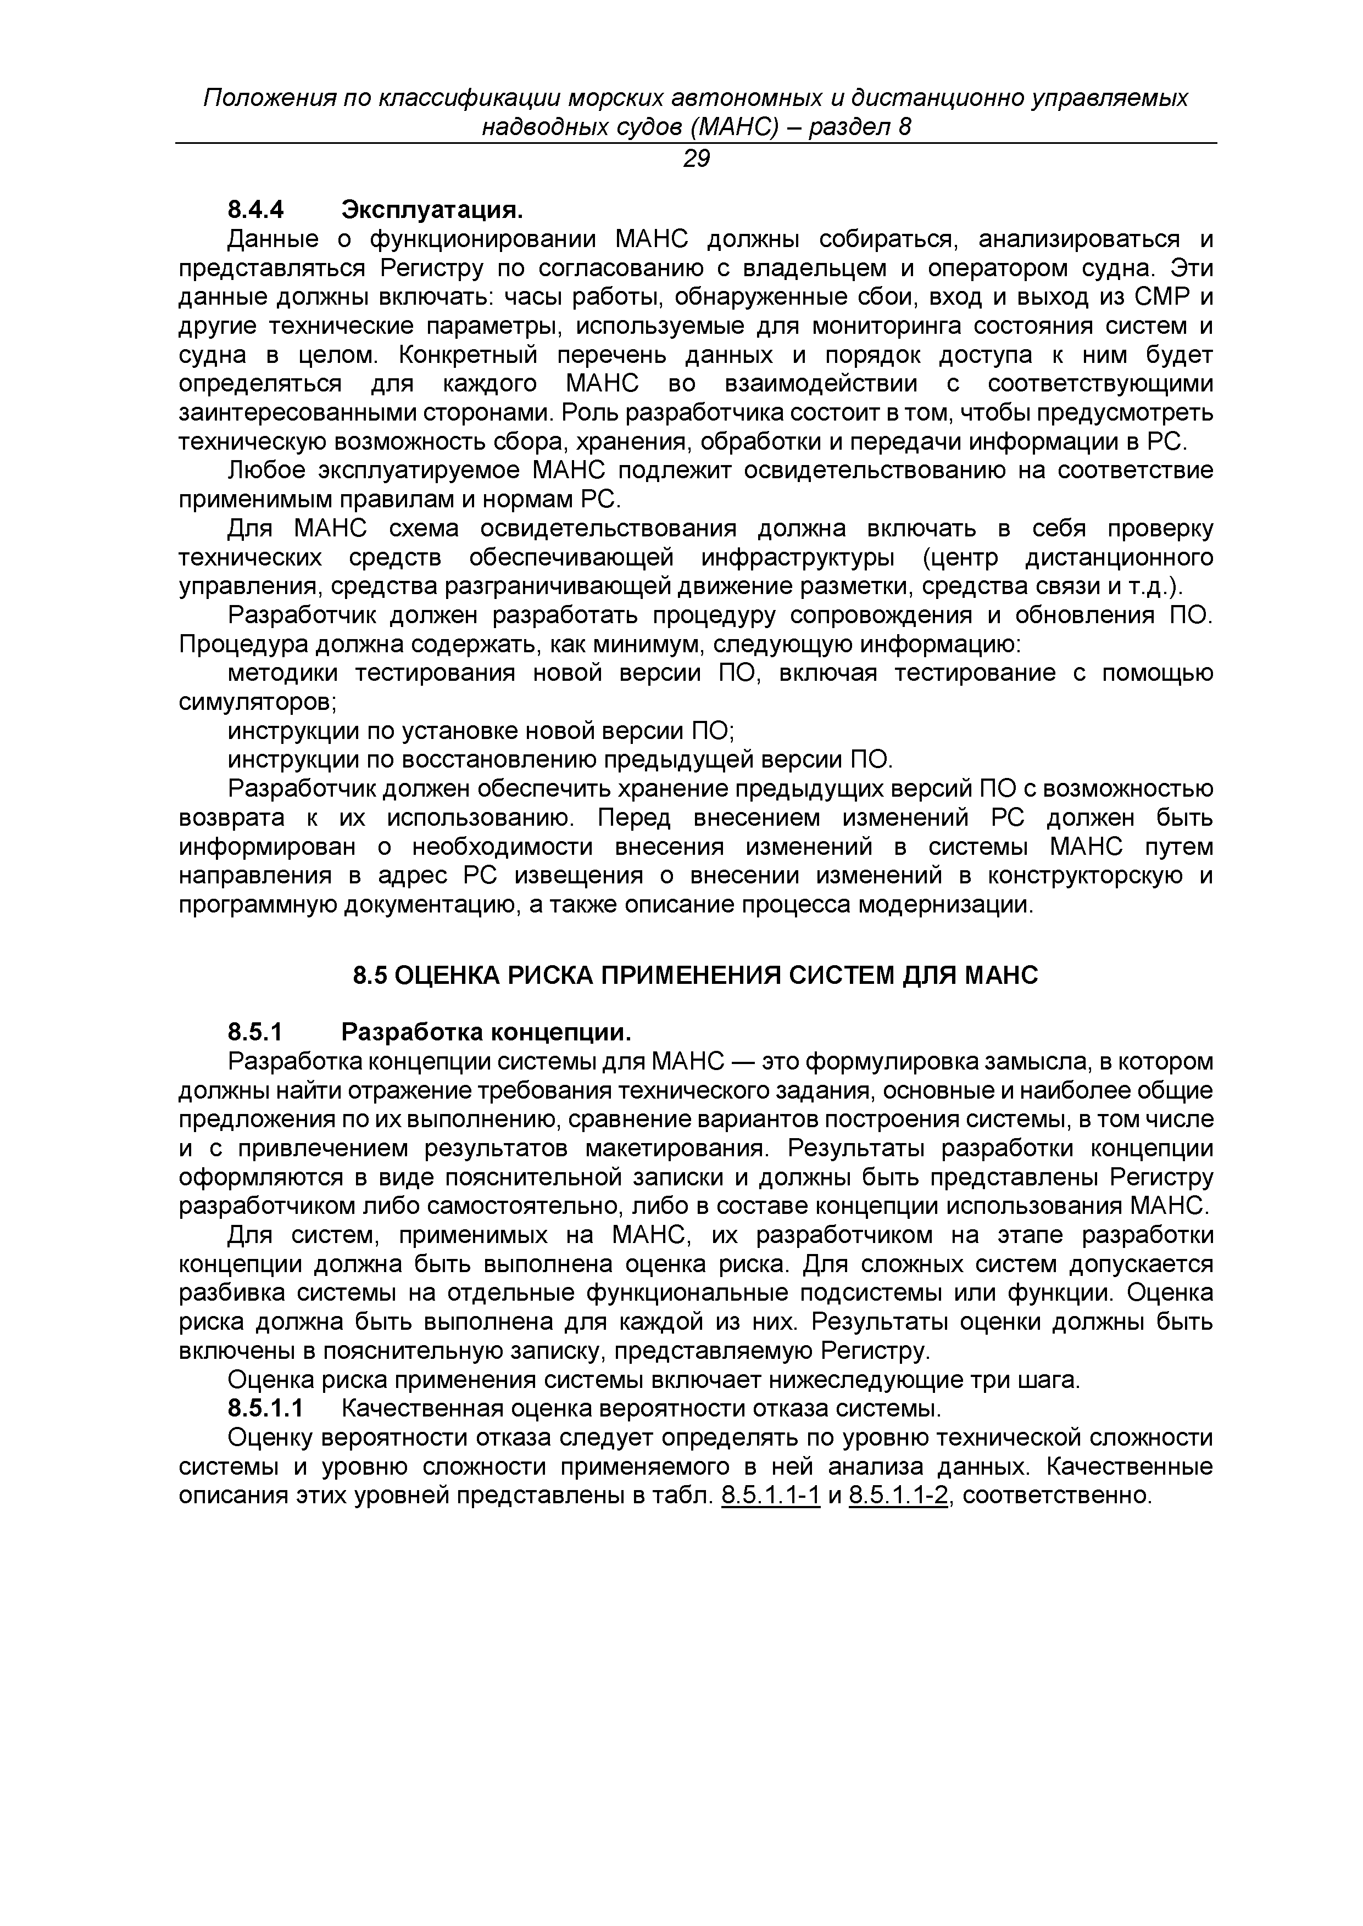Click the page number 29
696,159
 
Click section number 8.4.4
257,209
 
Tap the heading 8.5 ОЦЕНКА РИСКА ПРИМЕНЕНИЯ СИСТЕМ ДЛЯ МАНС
695,976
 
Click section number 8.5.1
257,1031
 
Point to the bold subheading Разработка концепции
486,1031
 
